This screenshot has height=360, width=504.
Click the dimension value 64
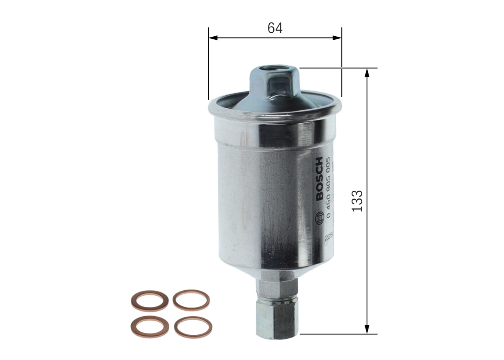tap(275, 28)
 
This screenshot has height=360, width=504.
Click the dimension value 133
tap(357, 201)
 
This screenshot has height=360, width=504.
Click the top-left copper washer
tap(149, 301)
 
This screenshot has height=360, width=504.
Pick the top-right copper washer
tap(191, 300)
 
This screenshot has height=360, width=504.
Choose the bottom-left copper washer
tap(150, 327)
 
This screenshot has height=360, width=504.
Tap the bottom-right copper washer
tap(193, 327)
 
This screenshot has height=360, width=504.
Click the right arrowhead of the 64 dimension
tap(337, 38)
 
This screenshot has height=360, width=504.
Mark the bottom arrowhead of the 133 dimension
tap(367, 329)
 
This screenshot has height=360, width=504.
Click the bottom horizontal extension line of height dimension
tap(339, 334)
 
